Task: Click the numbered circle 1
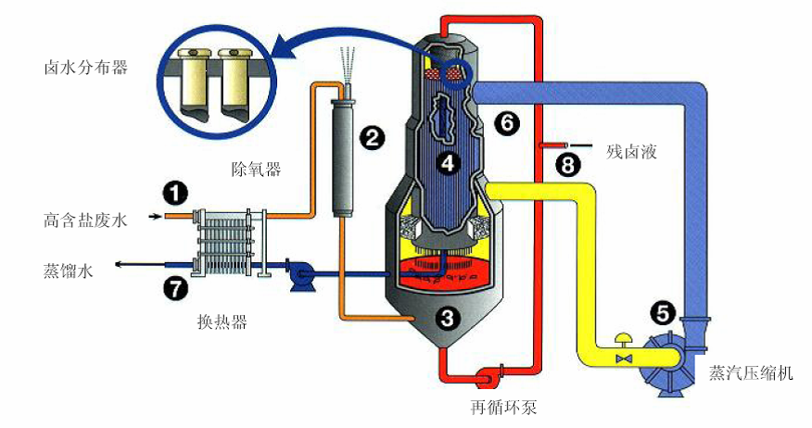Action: click(175, 193)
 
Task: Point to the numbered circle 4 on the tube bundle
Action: click(449, 164)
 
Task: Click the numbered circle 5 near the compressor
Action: click(664, 314)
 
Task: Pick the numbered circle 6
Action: click(508, 121)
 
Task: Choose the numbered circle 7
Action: click(175, 288)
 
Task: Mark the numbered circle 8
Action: click(568, 166)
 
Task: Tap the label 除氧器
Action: click(256, 169)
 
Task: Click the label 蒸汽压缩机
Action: click(751, 373)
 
